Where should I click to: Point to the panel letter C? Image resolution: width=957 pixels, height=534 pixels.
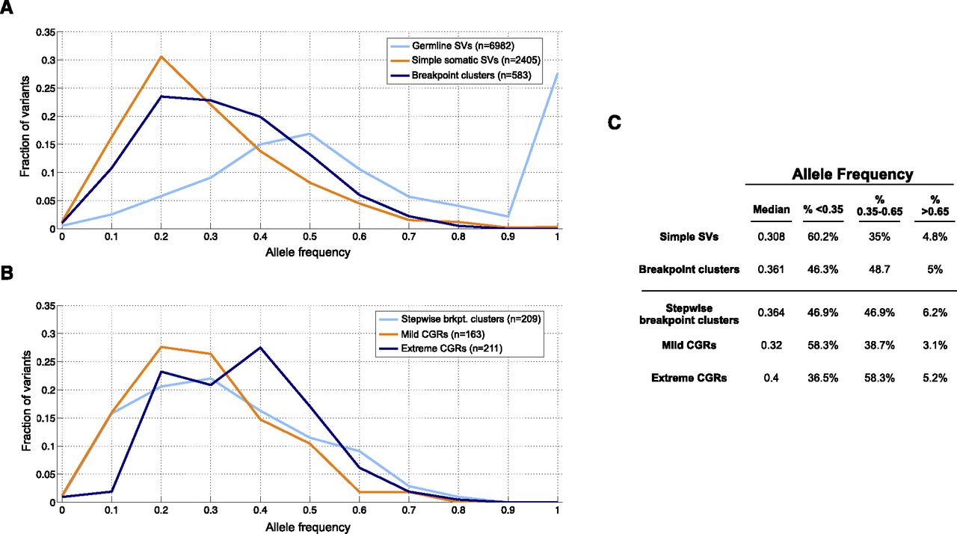click(x=615, y=123)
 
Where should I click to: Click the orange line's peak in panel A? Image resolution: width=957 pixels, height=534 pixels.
click(x=160, y=57)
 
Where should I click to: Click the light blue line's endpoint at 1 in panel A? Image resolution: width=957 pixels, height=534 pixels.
click(x=557, y=73)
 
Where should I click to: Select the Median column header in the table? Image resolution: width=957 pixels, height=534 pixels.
click(x=770, y=209)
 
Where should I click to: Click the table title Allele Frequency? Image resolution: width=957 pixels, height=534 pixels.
click(x=852, y=174)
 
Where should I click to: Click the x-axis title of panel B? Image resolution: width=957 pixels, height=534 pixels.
click(x=308, y=527)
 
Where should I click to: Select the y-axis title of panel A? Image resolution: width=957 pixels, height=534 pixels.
click(x=25, y=130)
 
